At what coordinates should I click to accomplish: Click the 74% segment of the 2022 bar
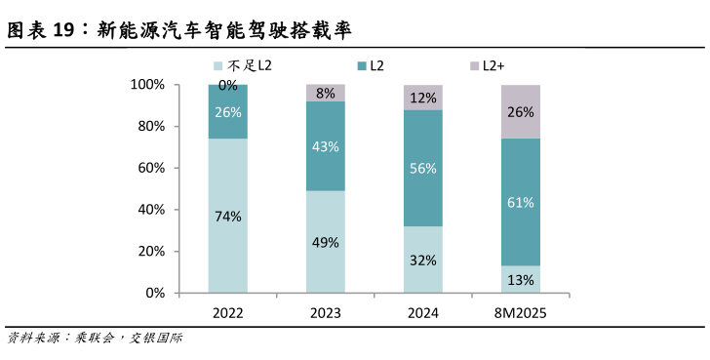227,216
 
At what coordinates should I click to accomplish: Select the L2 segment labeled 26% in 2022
227,111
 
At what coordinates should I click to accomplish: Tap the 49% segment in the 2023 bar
326,241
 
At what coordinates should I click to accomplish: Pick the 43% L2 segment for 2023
326,146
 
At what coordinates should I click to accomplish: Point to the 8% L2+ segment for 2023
326,94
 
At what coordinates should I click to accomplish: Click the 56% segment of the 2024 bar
422,168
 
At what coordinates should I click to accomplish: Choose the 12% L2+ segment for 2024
422,98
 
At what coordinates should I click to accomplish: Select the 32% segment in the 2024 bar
422,260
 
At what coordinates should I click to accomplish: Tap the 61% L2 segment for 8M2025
520,202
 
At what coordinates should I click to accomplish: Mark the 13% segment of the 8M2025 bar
520,279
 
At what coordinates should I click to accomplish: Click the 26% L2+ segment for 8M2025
520,111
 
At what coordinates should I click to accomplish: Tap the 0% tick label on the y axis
155,293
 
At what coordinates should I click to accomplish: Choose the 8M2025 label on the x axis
520,314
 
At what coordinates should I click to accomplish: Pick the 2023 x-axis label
326,314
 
